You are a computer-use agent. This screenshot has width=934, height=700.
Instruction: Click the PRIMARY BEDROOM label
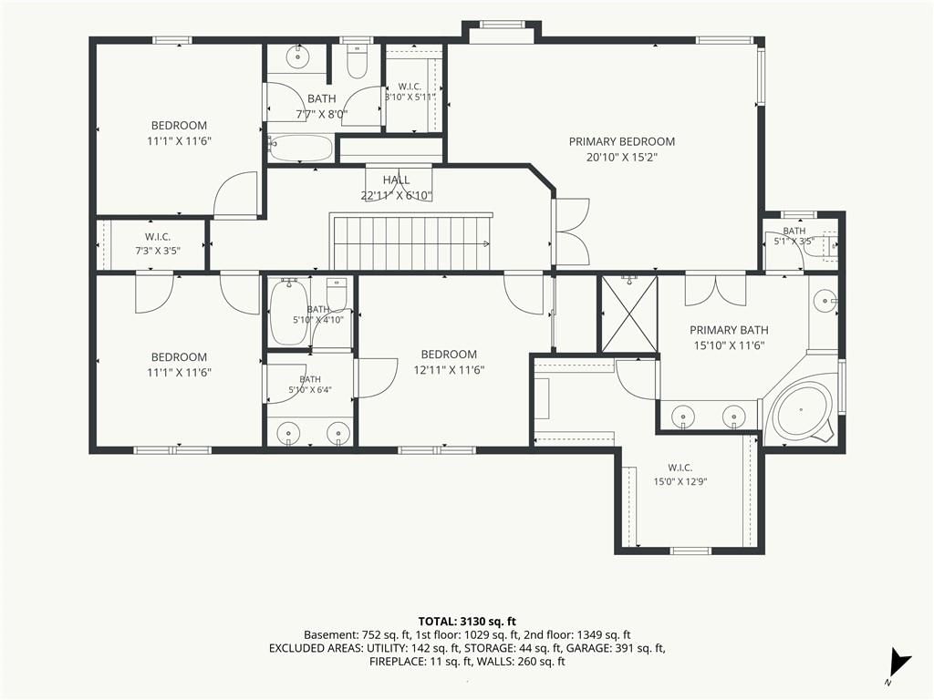pos(621,141)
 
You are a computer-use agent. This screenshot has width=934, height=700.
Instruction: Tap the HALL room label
pos(396,180)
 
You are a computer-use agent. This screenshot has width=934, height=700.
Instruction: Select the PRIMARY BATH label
pos(729,330)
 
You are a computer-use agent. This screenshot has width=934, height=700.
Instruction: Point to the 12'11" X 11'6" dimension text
pos(449,370)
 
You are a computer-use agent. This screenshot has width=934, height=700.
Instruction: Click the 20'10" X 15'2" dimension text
pos(621,158)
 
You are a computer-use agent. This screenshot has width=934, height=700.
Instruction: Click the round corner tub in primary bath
pos(801,413)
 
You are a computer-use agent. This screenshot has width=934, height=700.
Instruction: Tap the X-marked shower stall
pos(629,314)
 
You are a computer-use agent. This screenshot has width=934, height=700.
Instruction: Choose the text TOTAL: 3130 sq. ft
pos(467,622)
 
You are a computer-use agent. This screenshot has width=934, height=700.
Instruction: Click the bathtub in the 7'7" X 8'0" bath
pos(300,147)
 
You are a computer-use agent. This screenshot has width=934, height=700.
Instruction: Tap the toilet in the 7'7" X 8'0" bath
pos(357,62)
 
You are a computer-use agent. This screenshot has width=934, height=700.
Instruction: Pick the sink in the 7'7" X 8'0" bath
pos(296,57)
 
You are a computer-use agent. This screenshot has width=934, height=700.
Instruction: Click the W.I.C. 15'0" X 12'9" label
pos(680,475)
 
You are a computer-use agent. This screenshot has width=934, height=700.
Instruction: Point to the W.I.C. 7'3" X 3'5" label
pos(157,244)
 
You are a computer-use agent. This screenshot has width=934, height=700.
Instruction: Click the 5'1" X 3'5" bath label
pos(794,236)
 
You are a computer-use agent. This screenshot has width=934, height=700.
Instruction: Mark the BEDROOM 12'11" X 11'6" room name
pos(449,355)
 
